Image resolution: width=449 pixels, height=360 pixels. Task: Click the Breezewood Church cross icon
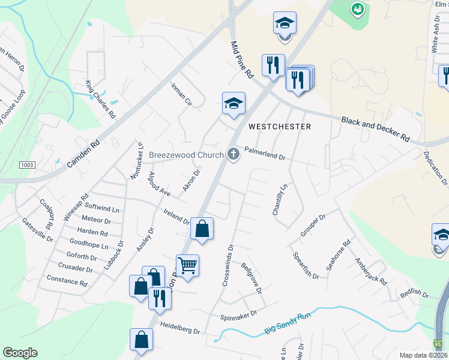(233, 155)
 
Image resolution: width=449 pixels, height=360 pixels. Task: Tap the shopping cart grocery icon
(187, 265)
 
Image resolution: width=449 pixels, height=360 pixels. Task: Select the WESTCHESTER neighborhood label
(280, 127)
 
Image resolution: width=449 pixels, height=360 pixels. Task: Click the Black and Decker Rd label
(375, 128)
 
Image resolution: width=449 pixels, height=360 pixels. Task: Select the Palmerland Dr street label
(265, 153)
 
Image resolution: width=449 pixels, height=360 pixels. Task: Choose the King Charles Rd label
(100, 99)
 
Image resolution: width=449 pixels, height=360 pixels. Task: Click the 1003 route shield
(27, 164)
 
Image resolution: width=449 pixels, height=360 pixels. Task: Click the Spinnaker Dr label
(238, 313)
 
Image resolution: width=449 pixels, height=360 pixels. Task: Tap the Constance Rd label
(67, 281)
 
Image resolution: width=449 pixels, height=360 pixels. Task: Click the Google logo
(20, 353)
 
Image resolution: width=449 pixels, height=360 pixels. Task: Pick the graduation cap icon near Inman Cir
(234, 104)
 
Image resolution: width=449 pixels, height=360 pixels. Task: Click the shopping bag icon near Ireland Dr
(202, 229)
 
